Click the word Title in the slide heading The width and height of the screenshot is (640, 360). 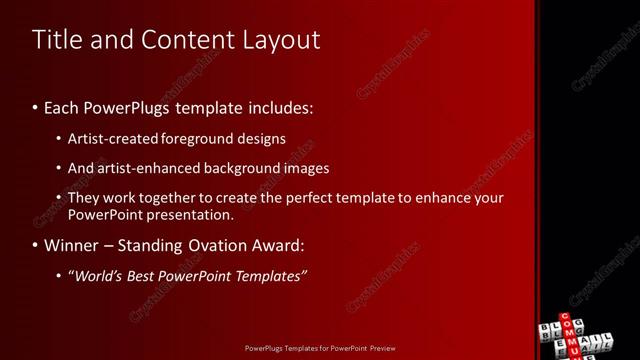pyautogui.click(x=55, y=40)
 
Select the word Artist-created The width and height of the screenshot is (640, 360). pyautogui.click(x=111, y=139)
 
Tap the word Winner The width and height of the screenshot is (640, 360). pyautogui.click(x=72, y=245)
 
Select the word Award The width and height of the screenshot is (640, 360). pyautogui.click(x=283, y=245)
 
